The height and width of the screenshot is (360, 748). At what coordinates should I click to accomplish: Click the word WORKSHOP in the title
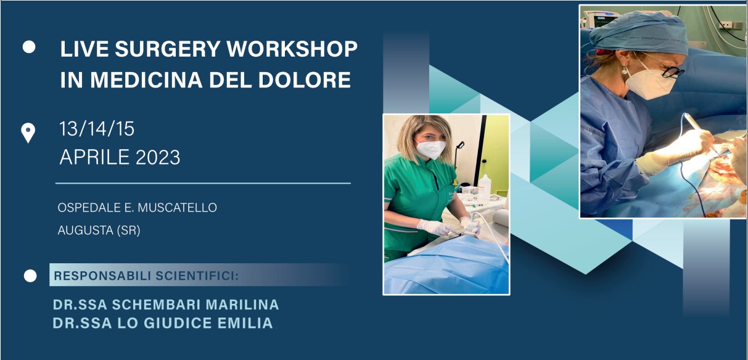pos(292,49)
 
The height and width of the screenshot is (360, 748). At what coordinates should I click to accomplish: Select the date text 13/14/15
pos(97,129)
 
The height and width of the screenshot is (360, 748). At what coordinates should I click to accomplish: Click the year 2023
pos(158,157)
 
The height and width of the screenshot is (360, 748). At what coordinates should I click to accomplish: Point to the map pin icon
pos(28,133)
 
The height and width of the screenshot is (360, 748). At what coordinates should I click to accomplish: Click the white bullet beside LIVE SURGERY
pos(29,47)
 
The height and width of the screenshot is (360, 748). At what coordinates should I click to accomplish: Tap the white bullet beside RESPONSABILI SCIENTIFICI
pos(30,276)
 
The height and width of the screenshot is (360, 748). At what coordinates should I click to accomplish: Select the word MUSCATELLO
pos(178,208)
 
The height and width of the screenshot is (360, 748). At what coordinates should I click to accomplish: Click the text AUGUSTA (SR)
pos(99,231)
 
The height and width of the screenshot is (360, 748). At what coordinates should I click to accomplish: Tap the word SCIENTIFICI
pos(197,276)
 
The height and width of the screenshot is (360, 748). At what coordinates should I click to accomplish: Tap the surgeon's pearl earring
pos(623,71)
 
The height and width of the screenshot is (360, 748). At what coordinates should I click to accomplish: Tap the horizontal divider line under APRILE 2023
pos(203,183)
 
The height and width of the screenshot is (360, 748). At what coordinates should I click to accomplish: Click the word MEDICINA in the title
pos(146,80)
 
